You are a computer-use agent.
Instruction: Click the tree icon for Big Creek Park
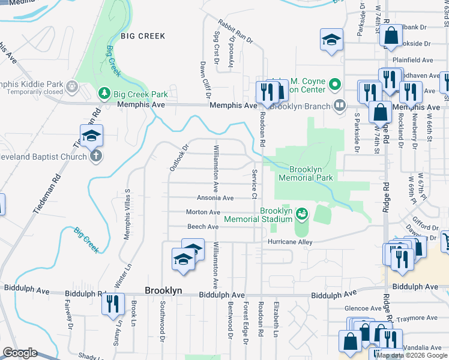[x=104, y=94]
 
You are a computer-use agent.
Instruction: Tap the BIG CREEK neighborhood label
[x=143, y=36]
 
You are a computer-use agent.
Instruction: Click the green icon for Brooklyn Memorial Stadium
[x=302, y=212]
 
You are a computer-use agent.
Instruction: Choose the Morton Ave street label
[x=203, y=212]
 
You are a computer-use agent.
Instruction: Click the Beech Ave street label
[x=202, y=227]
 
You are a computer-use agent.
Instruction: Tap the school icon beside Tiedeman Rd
[x=91, y=136]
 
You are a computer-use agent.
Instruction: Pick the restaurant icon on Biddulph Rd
[x=112, y=304]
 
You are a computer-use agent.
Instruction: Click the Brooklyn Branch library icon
[x=340, y=106]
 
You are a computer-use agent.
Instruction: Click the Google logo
[x=20, y=353]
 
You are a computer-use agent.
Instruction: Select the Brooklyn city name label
[x=163, y=290]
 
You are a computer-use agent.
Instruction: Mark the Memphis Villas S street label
[x=127, y=215]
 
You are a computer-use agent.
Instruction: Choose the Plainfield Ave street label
[x=412, y=61]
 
